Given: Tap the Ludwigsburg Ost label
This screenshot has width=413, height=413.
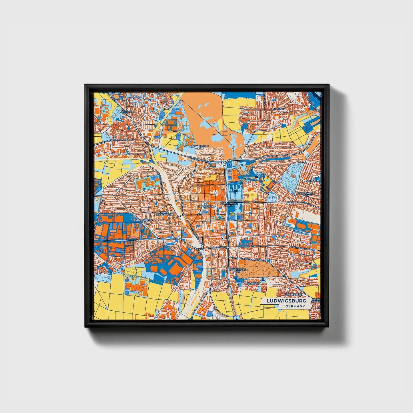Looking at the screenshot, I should click(x=306, y=195).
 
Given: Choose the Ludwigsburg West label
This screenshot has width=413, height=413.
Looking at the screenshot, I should click(x=140, y=221).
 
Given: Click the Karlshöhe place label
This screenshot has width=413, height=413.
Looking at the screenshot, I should click(x=252, y=283).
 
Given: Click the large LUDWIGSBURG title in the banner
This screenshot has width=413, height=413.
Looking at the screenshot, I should click(x=286, y=301).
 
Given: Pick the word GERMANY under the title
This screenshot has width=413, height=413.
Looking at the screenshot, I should click(x=295, y=306).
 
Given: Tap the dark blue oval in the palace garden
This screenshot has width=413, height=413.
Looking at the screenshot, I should click(x=235, y=191).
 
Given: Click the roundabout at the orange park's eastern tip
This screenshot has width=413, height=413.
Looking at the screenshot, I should click(x=283, y=275).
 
